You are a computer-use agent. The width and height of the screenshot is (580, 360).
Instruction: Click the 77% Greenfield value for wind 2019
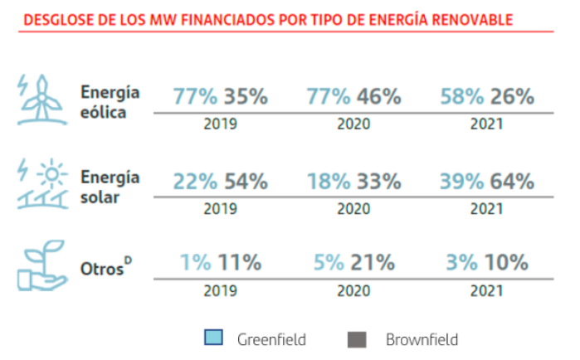194,96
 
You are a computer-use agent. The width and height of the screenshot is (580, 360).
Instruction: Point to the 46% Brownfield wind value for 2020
379,96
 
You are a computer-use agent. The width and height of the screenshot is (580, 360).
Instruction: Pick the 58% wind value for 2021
462,96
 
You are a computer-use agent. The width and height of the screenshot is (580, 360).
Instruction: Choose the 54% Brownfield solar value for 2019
246,181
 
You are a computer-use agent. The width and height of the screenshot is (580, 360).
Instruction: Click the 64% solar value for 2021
512,181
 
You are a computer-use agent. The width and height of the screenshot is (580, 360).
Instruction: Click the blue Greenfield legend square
212,338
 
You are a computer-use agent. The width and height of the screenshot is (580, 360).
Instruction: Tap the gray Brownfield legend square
358,338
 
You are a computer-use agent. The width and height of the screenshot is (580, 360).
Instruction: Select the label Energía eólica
110,102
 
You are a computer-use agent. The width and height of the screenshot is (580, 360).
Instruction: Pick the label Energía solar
110,186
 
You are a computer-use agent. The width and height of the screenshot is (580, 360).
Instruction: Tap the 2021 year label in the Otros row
487,291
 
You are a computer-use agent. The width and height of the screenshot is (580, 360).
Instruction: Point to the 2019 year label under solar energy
220,208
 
